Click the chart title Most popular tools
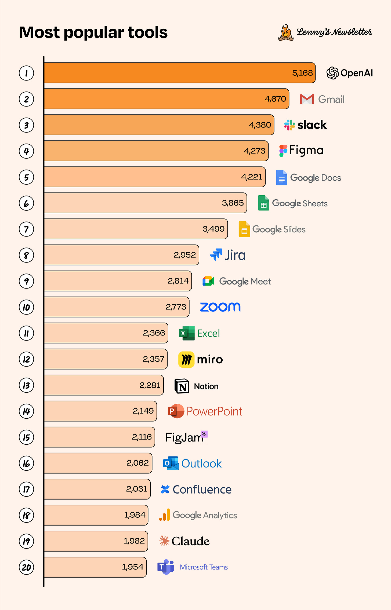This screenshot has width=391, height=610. coord(93,32)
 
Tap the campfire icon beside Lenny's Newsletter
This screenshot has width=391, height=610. coord(286,32)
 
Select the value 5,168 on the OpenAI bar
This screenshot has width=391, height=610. coord(302,73)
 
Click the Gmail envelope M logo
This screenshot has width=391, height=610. coord(307,99)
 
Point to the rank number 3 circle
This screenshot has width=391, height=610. coord(26,125)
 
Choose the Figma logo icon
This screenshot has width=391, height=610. coord(283,151)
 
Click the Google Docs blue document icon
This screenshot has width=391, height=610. coord(281,177)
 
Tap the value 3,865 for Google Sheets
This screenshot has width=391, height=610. coord(233,203)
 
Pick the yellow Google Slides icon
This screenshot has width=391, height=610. coord(244,229)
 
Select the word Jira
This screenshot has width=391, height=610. coord(235,255)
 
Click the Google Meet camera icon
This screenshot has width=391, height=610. coord(208,281)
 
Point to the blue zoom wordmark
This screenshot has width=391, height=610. coord(220,307)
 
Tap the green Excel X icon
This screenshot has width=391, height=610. coord(187,333)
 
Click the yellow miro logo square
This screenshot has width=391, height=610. coord(186,359)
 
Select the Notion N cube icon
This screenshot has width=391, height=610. coord(182,386)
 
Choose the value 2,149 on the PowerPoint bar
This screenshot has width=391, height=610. coord(143,411)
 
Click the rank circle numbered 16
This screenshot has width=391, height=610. coord(26,463)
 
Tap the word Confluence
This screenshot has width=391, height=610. coord(202,490)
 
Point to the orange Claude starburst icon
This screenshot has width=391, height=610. coord(164,541)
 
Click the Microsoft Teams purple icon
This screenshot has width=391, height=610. coord(166,567)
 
